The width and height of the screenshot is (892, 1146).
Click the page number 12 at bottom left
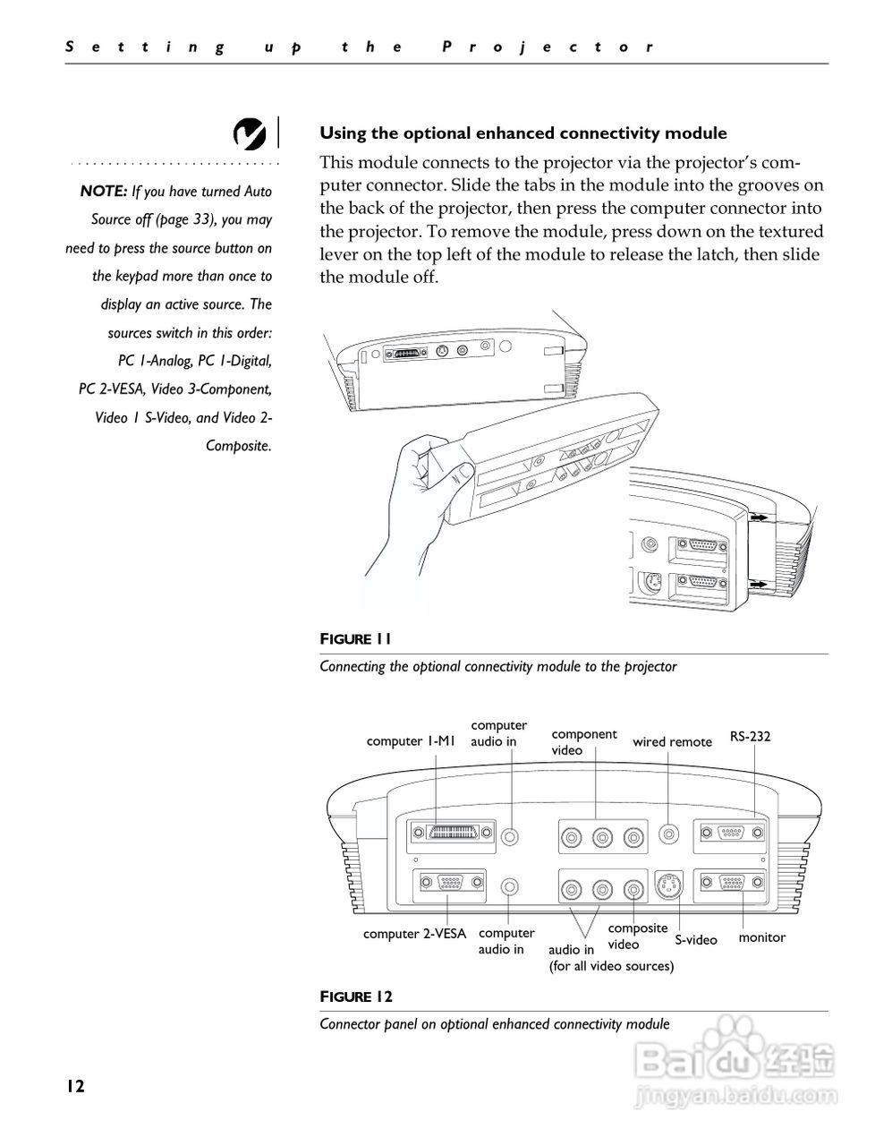tap(74, 1086)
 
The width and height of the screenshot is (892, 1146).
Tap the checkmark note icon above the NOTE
tap(249, 133)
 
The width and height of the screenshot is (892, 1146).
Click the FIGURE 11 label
tap(355, 638)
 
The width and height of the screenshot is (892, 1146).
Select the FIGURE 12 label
tap(356, 996)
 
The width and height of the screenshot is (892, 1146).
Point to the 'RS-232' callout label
tap(750, 737)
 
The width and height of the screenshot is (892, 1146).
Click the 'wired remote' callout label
tap(672, 741)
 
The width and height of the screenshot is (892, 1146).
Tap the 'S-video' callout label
tap(696, 939)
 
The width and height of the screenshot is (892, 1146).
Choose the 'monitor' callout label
tap(761, 937)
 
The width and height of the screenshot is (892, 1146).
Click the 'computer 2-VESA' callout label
tap(414, 934)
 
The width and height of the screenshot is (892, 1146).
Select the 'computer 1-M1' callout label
tap(412, 741)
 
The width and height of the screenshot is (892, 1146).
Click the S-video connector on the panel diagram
tap(669, 886)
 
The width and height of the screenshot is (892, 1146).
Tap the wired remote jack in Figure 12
tap(668, 834)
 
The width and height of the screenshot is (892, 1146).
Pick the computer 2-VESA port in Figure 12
tap(449, 885)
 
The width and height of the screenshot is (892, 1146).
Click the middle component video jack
tap(602, 837)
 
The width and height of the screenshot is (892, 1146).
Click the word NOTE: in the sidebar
tap(104, 191)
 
